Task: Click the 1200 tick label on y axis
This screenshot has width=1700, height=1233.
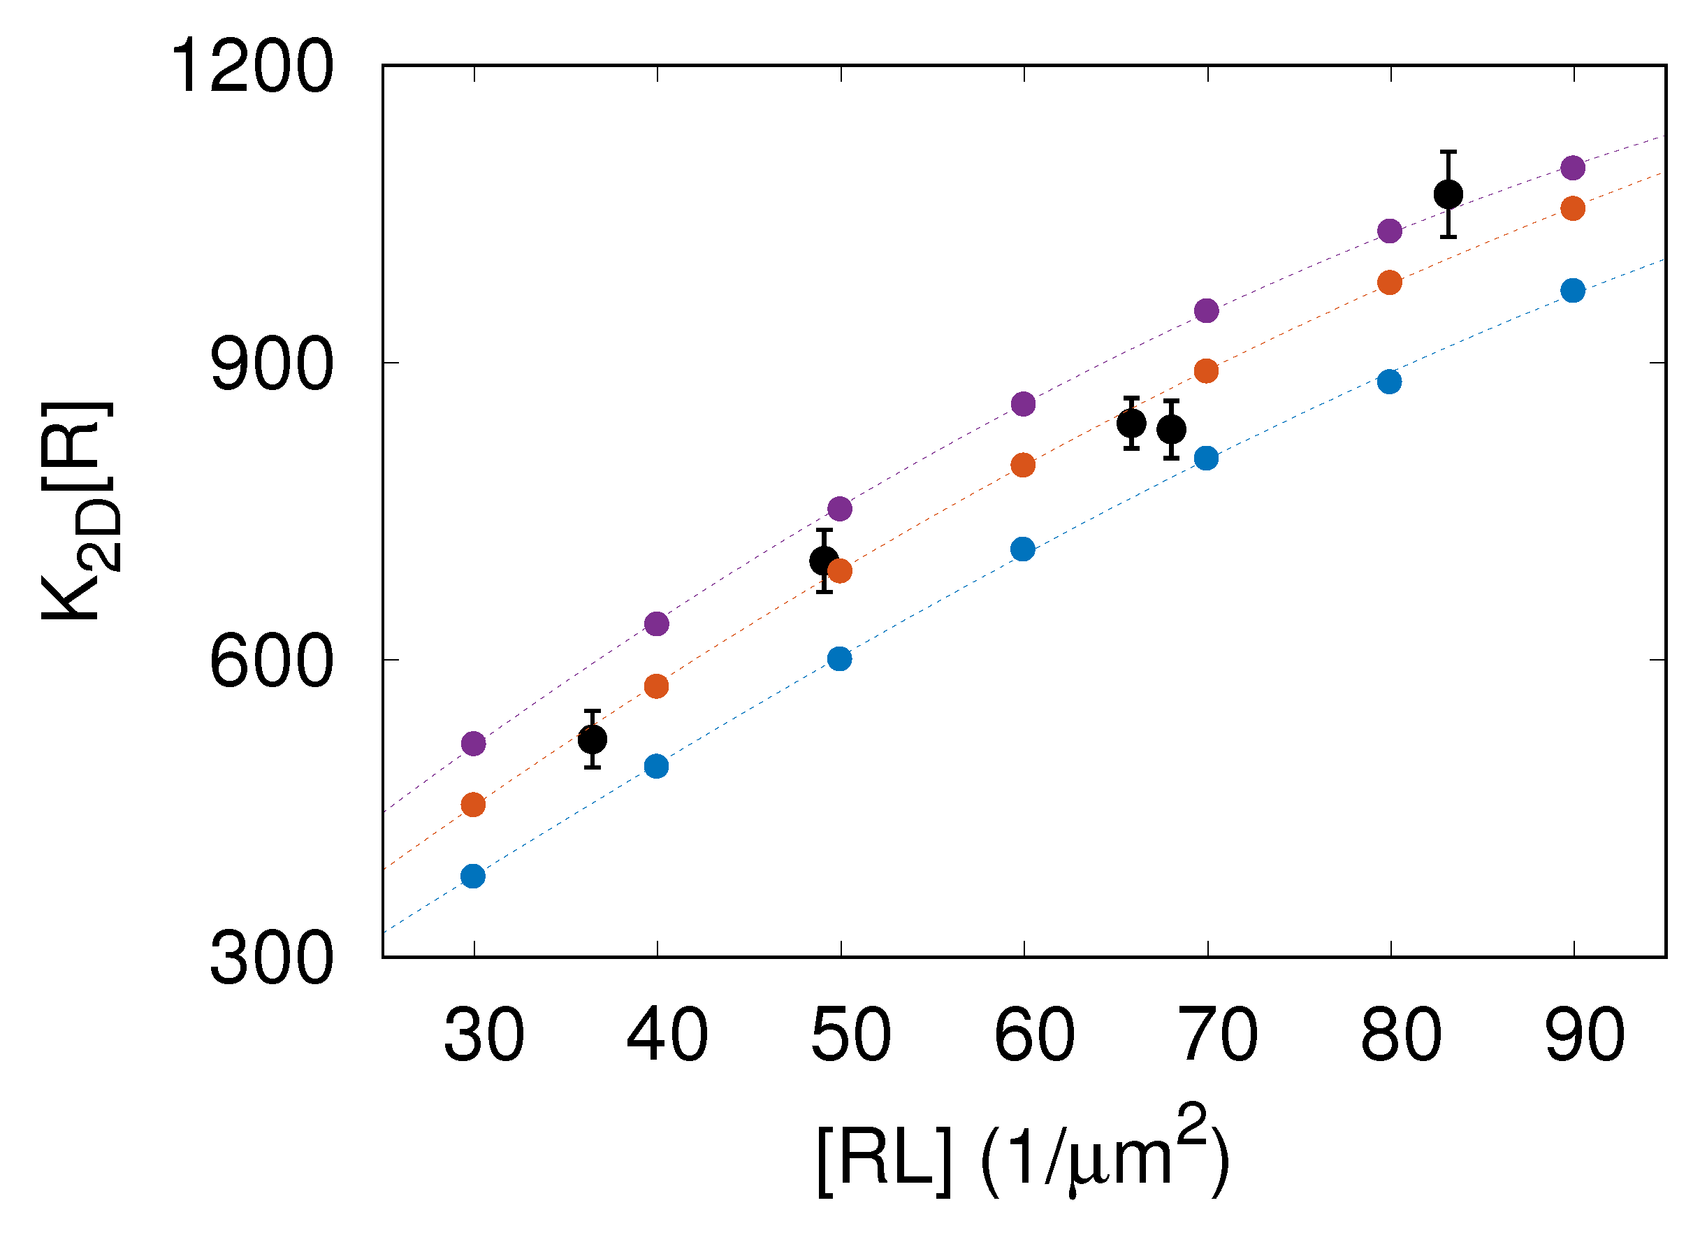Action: point(252,68)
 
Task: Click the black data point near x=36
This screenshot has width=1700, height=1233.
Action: point(592,740)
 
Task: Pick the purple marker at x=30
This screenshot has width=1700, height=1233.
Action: point(473,743)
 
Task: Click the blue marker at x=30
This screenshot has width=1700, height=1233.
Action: point(473,876)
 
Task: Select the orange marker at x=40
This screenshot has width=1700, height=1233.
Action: point(656,686)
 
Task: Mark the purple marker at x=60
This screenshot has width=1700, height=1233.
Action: point(1023,403)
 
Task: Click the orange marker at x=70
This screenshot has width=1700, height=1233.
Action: point(1206,370)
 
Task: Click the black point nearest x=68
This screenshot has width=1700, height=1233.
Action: point(1172,429)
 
